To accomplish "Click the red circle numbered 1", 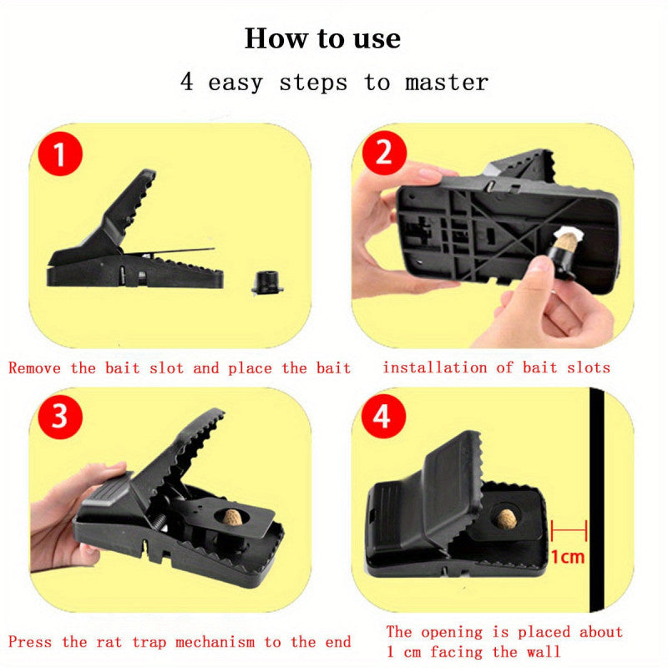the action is [60, 154].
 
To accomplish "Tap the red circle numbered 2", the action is [384, 153].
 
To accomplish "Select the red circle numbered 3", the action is [60, 416].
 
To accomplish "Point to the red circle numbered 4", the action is [383, 416].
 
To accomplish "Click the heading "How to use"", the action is [322, 38].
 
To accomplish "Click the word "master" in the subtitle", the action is [447, 82].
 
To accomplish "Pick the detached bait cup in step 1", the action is [267, 282].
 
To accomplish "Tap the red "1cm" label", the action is [568, 557].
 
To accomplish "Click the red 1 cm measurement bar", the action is [569, 530].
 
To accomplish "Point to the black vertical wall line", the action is [597, 499].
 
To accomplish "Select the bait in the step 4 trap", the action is [507, 519].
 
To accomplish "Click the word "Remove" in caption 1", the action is [34, 368].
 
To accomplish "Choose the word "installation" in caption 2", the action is [434, 367].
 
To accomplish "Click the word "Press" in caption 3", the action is [30, 641].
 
